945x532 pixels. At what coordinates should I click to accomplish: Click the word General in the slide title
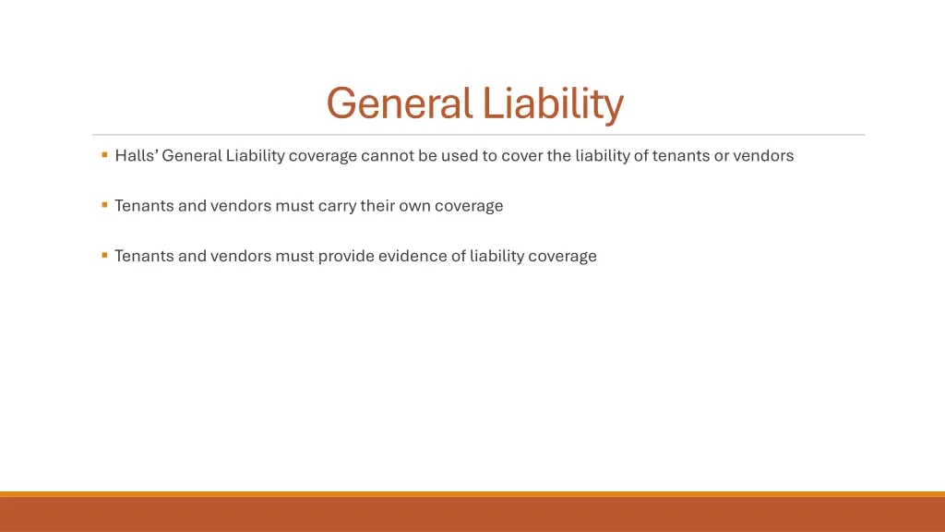(400, 103)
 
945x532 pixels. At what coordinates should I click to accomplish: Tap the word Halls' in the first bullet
(136, 155)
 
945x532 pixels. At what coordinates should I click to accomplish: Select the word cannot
(387, 155)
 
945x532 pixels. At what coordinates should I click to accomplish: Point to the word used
(459, 155)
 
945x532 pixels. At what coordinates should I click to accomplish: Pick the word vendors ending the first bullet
(763, 155)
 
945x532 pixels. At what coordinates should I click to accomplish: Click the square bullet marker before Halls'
(105, 154)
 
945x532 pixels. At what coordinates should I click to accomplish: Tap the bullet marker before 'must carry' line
(105, 204)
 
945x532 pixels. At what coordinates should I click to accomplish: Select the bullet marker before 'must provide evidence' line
(105, 254)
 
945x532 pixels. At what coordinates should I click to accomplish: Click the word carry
(338, 206)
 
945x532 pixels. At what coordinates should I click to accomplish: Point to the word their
(378, 205)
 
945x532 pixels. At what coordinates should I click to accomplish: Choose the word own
(414, 205)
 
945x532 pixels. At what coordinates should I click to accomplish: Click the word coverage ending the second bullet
(469, 206)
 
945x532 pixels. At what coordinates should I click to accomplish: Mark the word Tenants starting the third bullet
(144, 256)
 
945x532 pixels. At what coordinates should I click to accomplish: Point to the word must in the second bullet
(294, 206)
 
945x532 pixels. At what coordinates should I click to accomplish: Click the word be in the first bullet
(427, 155)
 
